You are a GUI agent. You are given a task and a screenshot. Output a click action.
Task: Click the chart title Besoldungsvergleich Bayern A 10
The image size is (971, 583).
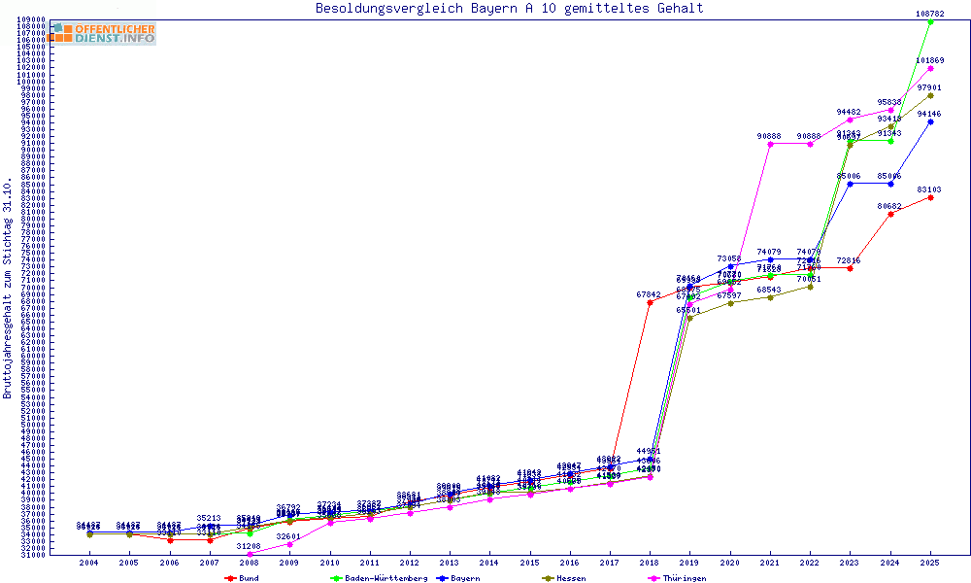point(509,9)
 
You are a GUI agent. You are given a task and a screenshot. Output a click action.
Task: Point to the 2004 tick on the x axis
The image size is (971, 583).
point(88,562)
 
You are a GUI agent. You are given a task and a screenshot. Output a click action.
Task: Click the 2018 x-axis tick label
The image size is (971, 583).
point(650,562)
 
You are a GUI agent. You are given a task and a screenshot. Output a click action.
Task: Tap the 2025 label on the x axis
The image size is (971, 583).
point(930,562)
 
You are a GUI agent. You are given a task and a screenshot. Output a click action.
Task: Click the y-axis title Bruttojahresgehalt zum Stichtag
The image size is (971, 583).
point(8,289)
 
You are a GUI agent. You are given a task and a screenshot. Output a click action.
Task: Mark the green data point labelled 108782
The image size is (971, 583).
point(930,21)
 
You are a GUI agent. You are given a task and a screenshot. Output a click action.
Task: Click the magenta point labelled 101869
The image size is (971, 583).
point(930,68)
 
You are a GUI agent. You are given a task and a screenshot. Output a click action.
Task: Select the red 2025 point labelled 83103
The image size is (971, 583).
point(930,197)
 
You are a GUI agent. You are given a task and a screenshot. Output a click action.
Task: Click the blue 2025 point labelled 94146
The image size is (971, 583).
point(930,121)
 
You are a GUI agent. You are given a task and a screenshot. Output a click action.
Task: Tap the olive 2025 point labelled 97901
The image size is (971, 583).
point(930,95)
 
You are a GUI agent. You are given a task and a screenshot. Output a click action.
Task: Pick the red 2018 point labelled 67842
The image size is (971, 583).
point(650,302)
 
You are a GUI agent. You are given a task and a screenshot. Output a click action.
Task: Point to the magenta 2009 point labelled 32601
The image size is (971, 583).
point(289,544)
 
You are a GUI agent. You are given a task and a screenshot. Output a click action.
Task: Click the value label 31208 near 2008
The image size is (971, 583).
point(250,547)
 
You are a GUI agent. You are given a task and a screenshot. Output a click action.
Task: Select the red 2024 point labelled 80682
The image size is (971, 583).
point(890,214)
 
